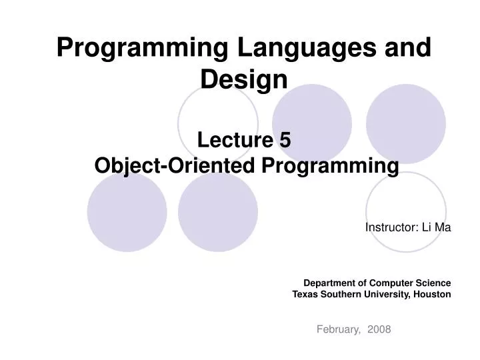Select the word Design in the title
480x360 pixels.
[244, 80]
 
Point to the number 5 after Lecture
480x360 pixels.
[285, 141]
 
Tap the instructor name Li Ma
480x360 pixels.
[436, 227]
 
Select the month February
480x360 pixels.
[338, 329]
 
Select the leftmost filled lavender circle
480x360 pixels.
[127, 212]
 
